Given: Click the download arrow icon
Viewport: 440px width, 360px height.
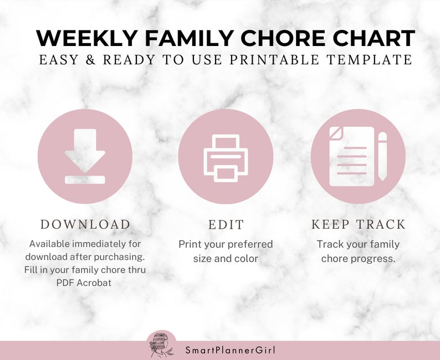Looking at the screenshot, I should pos(85,155).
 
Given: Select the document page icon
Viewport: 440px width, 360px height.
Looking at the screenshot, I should pos(351,156).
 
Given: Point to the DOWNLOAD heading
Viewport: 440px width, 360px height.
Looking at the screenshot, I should pos(85,224).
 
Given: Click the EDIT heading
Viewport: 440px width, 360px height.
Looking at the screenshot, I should pos(226,225).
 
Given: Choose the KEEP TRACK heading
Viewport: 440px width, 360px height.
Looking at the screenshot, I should pos(359,224).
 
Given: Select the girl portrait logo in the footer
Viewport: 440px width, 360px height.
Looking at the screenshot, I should pos(161,344).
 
